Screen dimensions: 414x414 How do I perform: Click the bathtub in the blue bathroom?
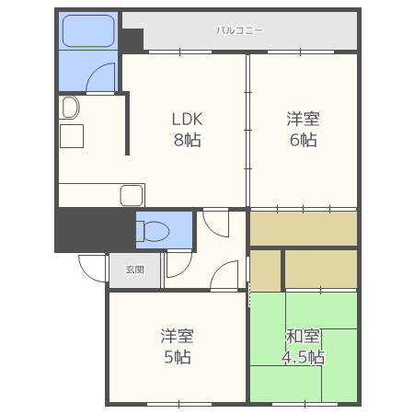tap(88, 30)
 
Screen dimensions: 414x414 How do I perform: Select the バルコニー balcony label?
tap(239, 30)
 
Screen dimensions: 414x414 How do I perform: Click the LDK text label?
tap(187, 119)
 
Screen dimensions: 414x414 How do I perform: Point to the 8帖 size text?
tap(187, 140)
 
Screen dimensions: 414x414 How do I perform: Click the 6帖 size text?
tap(304, 140)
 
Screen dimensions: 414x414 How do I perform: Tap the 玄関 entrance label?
tap(135, 270)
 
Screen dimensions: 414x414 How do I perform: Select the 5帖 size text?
tap(178, 357)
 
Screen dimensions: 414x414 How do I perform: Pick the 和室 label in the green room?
tap(303, 336)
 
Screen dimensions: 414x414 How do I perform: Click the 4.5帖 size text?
tap(303, 357)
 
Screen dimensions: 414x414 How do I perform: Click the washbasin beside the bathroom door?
tap(70, 108)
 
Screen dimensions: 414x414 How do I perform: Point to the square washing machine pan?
tap(72, 136)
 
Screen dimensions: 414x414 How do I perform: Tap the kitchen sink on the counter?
tap(132, 195)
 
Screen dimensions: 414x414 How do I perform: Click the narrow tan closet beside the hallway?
tap(265, 270)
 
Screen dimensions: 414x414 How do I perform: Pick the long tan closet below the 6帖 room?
tap(304, 228)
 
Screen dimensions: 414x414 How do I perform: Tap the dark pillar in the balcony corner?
tap(132, 40)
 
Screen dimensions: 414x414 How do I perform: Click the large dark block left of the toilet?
tap(95, 230)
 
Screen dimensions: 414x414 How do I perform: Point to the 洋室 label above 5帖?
tap(178, 336)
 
